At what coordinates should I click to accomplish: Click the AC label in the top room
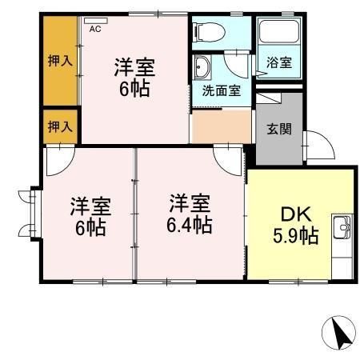pos(95,29)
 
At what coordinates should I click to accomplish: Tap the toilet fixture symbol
pos(209,33)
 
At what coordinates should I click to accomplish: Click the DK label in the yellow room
pos(298,216)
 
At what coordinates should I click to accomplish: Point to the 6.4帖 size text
pos(190,225)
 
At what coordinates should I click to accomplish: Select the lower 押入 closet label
pos(57,126)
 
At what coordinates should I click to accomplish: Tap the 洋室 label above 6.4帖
pos(190,202)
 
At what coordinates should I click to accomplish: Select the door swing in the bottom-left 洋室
pos(56,163)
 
